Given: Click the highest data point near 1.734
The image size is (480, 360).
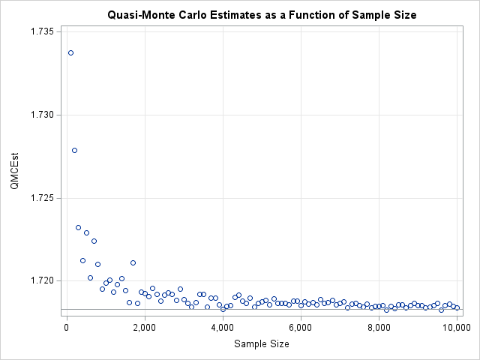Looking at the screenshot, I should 70,52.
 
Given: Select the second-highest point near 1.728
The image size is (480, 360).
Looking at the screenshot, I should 74,150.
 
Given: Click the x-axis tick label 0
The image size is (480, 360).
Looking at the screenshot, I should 67,327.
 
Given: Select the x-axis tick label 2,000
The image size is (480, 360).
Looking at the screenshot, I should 145,327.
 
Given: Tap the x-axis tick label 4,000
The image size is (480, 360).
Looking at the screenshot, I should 223,327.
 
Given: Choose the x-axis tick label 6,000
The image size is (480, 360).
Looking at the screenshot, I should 301,327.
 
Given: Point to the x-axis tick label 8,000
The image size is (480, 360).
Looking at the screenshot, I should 379,327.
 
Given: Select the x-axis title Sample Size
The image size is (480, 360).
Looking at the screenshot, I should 261,343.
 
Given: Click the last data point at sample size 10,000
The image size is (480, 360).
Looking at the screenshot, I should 457,307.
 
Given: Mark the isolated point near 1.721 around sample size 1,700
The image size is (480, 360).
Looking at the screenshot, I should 133,262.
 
